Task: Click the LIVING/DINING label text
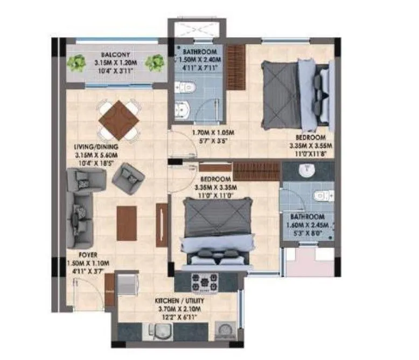pyautogui.click(x=96, y=146)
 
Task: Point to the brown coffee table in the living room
pyautogui.click(x=126, y=223)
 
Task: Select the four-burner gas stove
pyautogui.click(x=207, y=281)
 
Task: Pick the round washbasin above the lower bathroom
pyautogui.click(x=308, y=171)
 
